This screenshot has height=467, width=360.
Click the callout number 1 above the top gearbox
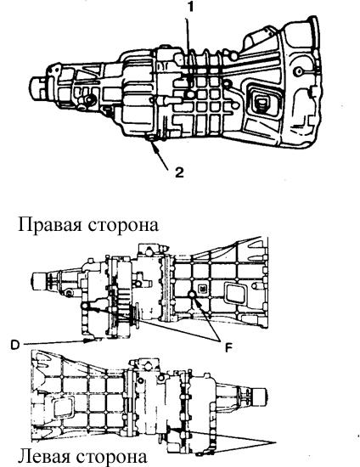tap(191, 8)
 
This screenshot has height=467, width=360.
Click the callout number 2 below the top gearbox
tap(179, 172)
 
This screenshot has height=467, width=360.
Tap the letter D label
tap(15, 345)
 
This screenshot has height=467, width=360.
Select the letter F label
tap(228, 347)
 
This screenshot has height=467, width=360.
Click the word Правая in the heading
tap(50, 224)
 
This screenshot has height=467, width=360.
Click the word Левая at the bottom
tap(44, 457)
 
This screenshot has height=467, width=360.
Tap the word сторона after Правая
tap(123, 225)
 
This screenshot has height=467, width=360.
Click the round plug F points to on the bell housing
tap(192, 295)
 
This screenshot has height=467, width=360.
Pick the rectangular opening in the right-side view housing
tap(235, 294)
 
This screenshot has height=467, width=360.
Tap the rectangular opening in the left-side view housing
tap(63, 410)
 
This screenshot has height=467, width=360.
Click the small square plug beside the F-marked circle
tap(202, 289)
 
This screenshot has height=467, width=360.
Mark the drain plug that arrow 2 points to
tap(149, 138)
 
